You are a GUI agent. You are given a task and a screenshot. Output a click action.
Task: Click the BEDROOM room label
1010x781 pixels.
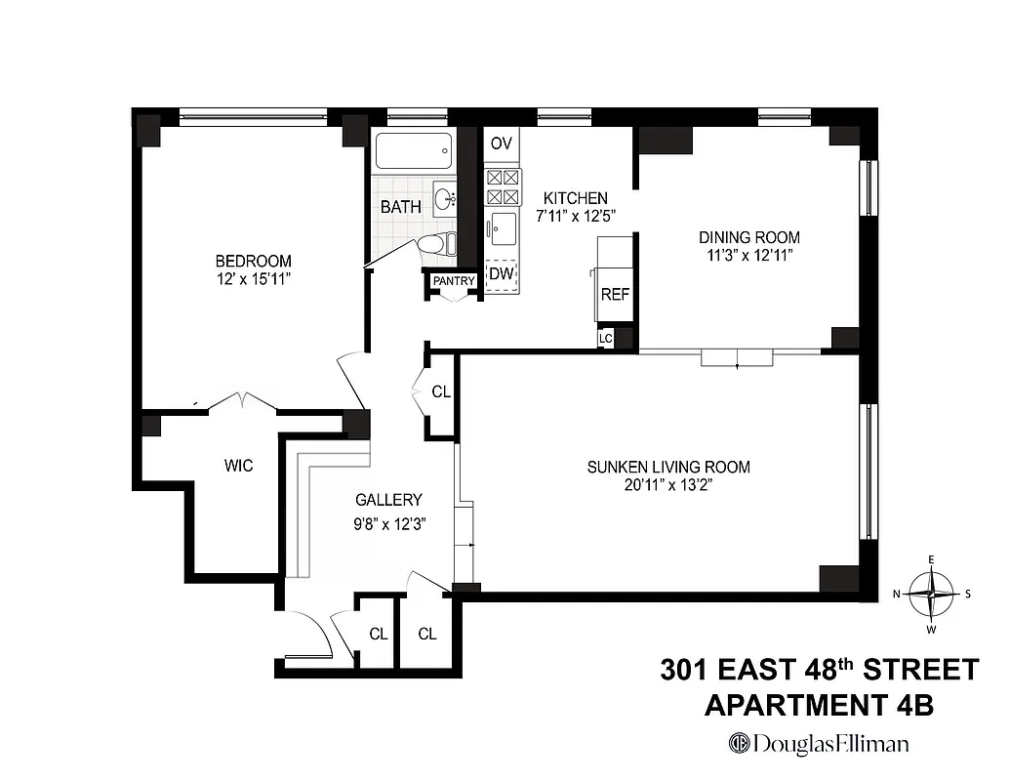coord(253,261)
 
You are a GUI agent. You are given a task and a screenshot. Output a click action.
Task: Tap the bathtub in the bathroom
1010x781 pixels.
coord(413,152)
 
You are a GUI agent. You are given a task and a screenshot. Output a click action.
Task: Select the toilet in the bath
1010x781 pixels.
coord(436,244)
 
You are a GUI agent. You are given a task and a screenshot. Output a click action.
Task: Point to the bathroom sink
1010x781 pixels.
coord(446,199)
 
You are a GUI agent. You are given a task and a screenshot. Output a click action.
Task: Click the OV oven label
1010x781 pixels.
coord(501,144)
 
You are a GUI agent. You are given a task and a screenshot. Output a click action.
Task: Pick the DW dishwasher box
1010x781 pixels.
coord(502,273)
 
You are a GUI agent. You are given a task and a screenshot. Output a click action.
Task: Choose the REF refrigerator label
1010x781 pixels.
coord(615,294)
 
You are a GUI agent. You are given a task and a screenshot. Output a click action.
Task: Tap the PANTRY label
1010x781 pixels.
coord(455,281)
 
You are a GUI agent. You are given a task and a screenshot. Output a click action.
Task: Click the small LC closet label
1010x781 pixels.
coord(606,339)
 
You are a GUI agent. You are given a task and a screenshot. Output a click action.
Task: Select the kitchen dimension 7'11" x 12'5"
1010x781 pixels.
coord(576,217)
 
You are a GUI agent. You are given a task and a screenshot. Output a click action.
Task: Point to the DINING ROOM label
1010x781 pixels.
coord(749,237)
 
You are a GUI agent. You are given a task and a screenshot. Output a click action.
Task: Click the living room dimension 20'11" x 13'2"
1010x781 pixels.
coord(668,485)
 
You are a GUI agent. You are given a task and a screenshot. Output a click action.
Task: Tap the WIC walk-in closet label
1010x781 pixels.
coord(238,466)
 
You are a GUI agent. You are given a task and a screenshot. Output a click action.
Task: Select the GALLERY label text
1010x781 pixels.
coord(388,499)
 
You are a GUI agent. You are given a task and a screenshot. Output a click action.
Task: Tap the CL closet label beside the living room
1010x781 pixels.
coord(441,391)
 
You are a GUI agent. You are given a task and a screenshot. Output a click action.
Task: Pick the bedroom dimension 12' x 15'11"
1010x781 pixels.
coord(253,279)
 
